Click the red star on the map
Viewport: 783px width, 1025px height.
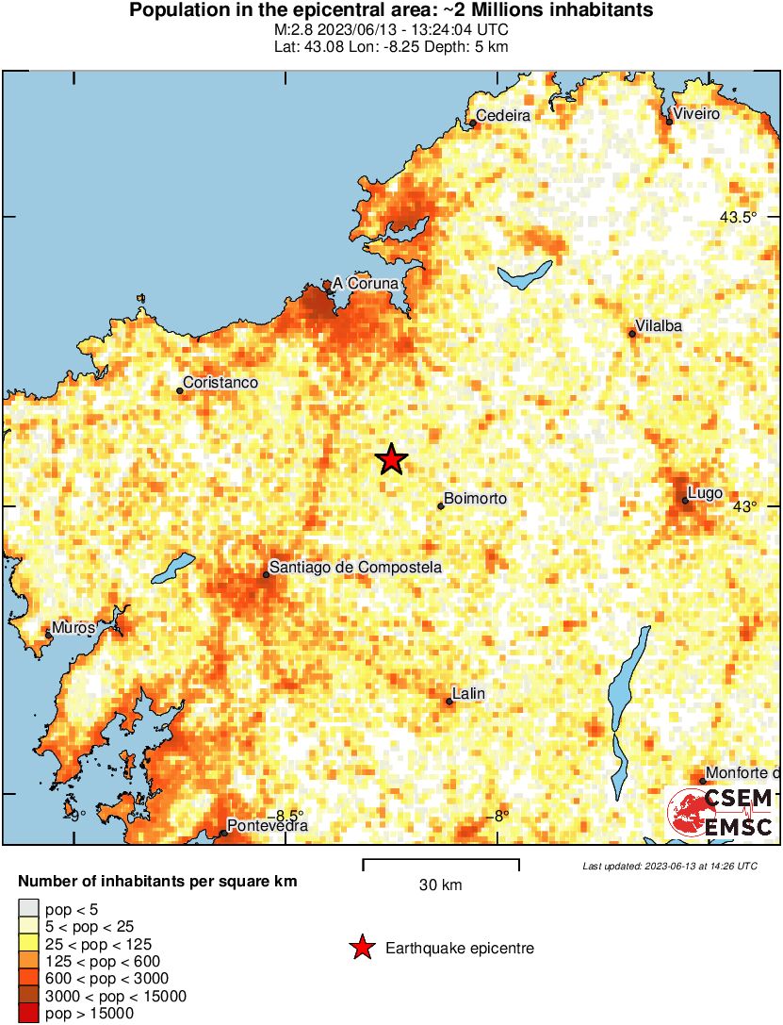[x=392, y=459]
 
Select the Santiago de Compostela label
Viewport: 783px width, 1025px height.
[x=355, y=568]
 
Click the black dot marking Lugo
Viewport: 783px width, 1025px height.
[x=686, y=501]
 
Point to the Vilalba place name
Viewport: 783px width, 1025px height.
[x=659, y=326]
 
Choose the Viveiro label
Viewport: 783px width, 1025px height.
[x=696, y=114]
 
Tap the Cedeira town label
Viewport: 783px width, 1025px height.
[x=503, y=116]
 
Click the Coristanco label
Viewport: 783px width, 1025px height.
[x=220, y=383]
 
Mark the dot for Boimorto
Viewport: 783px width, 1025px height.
[x=441, y=506]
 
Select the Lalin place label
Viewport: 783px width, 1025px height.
[x=469, y=694]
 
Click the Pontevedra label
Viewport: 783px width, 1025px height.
[x=269, y=826]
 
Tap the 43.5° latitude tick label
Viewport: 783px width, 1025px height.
[x=739, y=218]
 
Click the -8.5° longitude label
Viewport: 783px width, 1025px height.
[x=285, y=816]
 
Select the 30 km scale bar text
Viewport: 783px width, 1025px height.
[x=440, y=884]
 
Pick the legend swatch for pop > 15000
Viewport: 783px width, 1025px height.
[x=28, y=1014]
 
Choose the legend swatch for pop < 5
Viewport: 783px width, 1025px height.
[x=28, y=908]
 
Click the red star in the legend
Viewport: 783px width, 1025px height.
[x=361, y=948]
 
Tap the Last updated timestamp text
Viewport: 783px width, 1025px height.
[x=669, y=866]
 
